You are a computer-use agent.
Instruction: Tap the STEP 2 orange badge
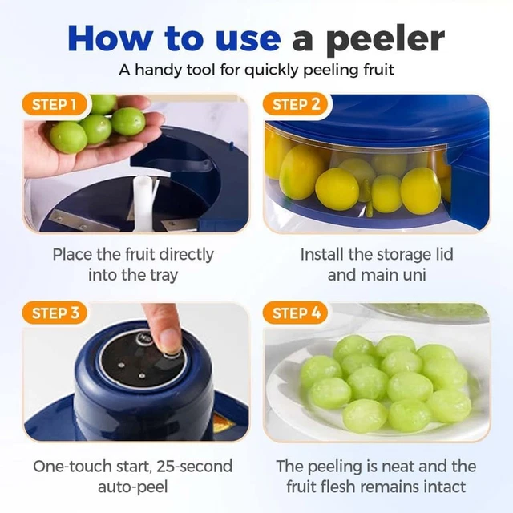296,104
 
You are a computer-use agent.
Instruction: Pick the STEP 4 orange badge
296,313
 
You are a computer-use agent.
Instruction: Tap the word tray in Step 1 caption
162,275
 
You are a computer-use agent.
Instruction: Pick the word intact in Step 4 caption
442,487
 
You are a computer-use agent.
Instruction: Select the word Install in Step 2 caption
323,254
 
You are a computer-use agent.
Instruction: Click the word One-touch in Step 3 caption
71,466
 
